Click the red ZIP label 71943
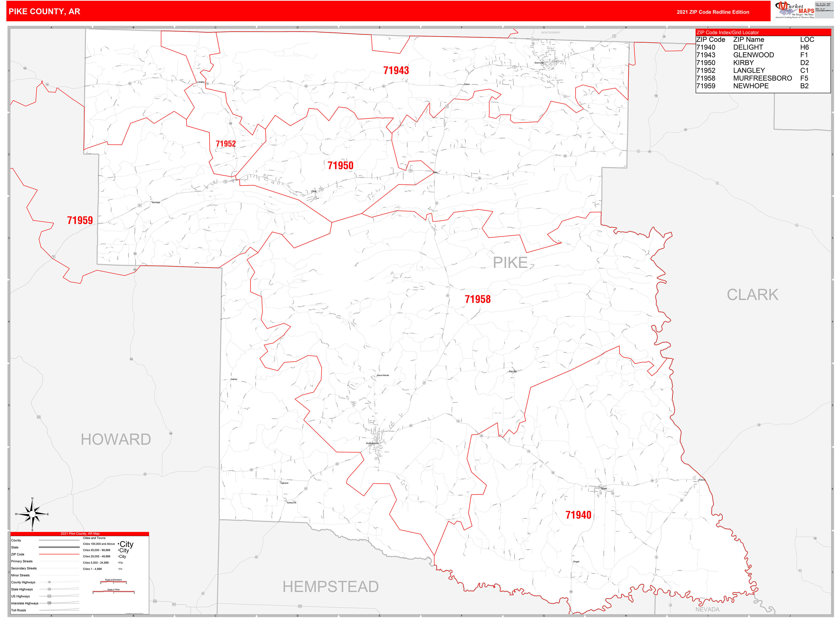tap(396, 70)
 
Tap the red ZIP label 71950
tap(340, 165)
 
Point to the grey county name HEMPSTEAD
tap(330, 587)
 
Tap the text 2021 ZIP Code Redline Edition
tap(712, 12)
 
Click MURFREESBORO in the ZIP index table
tap(762, 78)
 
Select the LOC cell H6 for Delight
tap(804, 47)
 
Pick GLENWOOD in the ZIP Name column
tap(753, 55)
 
